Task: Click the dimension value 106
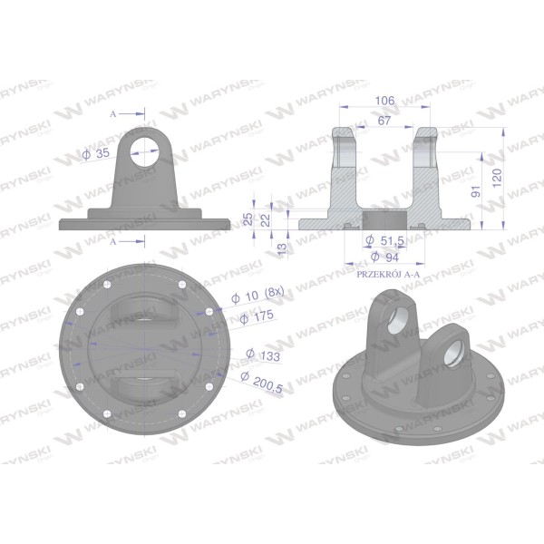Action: coord(384,101)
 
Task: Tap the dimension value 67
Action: coord(384,121)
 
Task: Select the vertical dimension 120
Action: coord(497,178)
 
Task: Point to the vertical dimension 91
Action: coord(476,191)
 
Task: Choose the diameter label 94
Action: coord(384,257)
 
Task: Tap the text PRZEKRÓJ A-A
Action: coord(388,275)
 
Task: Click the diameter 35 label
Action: coord(96,154)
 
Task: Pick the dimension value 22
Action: coord(265,220)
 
